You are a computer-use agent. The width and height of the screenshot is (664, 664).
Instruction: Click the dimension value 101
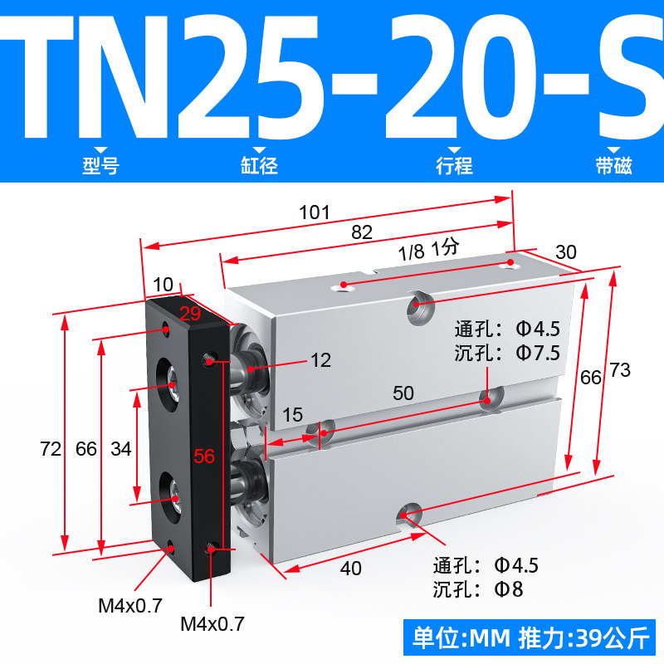(x=315, y=212)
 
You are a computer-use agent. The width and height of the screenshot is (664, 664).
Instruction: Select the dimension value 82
(x=362, y=232)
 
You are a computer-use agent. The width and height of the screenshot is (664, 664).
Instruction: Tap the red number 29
(x=190, y=314)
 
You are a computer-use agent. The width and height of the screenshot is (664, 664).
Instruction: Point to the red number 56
(x=204, y=456)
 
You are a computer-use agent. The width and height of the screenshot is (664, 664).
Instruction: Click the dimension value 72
(x=51, y=449)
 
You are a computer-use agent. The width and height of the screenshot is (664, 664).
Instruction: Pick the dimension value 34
(x=121, y=449)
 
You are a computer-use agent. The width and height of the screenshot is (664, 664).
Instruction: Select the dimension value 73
(x=620, y=370)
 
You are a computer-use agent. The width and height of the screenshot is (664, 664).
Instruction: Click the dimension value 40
(x=350, y=569)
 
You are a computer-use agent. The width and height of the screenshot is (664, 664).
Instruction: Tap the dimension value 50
(x=403, y=393)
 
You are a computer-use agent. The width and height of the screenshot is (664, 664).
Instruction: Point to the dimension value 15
(x=293, y=415)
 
